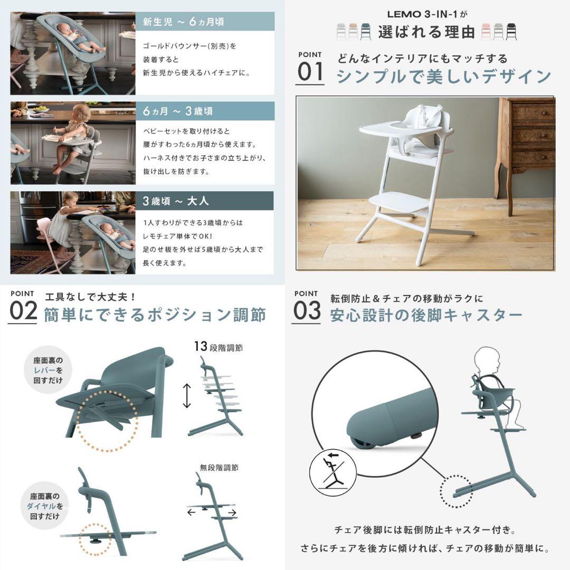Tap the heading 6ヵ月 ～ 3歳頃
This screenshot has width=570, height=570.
tap(178, 111)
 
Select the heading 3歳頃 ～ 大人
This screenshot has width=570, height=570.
tap(176, 201)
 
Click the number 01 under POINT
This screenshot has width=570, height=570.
tap(310, 72)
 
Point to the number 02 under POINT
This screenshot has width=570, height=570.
tap(23, 311)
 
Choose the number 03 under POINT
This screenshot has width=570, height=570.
tap(307, 311)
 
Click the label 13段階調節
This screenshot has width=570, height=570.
tap(218, 347)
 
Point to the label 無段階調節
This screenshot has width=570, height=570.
tap(218, 467)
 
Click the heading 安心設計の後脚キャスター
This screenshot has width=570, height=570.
tap(426, 316)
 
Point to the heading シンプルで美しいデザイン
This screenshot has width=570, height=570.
tap(443, 77)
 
